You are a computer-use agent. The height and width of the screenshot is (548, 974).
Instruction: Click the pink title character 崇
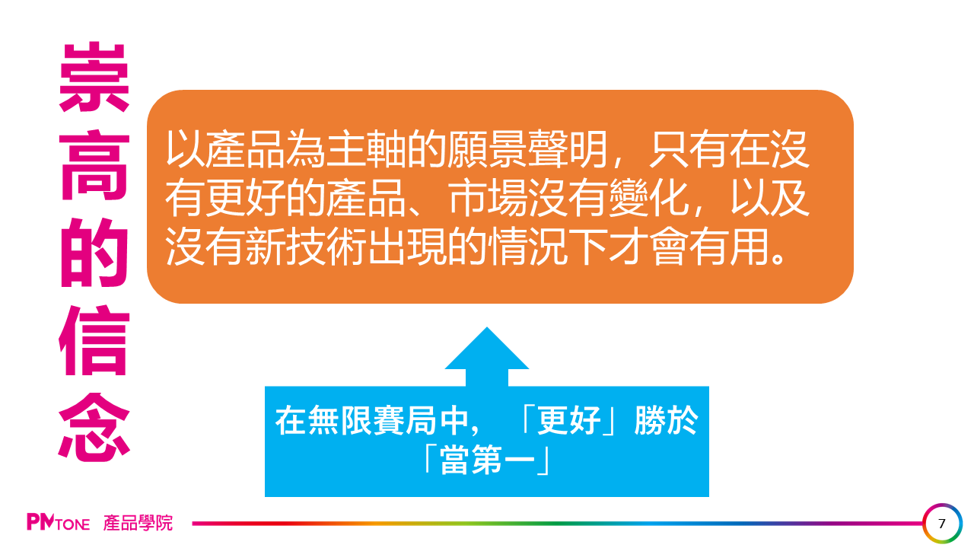tap(94, 77)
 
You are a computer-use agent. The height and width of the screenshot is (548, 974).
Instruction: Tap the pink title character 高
tap(94, 165)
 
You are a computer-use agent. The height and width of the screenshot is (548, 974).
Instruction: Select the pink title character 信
tap(94, 340)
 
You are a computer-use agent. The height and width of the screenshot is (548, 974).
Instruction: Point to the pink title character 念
tap(94, 428)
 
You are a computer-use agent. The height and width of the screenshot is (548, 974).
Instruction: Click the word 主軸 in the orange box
tap(367, 148)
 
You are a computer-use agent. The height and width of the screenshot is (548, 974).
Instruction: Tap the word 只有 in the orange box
tap(689, 148)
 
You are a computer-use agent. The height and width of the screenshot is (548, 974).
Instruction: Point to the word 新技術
tap(307, 247)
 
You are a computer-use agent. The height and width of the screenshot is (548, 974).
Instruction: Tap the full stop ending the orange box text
tap(777, 257)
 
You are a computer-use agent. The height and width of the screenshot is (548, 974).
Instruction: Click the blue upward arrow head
tap(486, 349)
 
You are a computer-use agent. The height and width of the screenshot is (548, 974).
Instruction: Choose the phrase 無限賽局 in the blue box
tap(371, 420)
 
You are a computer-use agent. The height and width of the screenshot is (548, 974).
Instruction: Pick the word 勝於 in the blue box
tap(666, 420)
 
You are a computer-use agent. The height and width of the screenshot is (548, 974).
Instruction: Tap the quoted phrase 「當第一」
tap(486, 459)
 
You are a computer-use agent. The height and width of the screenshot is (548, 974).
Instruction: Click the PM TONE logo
tap(59, 522)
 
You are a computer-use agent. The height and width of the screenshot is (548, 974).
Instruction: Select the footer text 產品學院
tap(138, 522)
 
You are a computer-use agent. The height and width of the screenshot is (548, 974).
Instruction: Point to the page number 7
tap(942, 523)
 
